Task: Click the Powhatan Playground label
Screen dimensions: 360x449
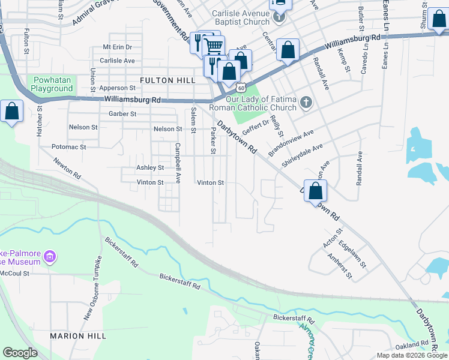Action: tap(52, 85)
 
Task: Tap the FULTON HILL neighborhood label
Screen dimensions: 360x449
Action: tap(164, 80)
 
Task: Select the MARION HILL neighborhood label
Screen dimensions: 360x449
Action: tap(78, 336)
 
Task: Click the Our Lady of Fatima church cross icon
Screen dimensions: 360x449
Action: tap(306, 101)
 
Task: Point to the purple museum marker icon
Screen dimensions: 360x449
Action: tap(50, 257)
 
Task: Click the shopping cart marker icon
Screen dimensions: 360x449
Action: tap(214, 45)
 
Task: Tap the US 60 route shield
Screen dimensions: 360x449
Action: tap(240, 88)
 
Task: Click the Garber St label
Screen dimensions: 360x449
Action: tap(122, 113)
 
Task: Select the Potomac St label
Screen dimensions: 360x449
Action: tap(69, 146)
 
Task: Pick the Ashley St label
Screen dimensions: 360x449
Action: tap(150, 168)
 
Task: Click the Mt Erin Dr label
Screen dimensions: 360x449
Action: tap(117, 46)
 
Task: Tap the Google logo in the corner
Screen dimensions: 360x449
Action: tap(20, 353)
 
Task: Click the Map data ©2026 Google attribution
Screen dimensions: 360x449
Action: tap(412, 355)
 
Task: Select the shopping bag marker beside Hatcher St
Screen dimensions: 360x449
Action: tap(12, 112)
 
